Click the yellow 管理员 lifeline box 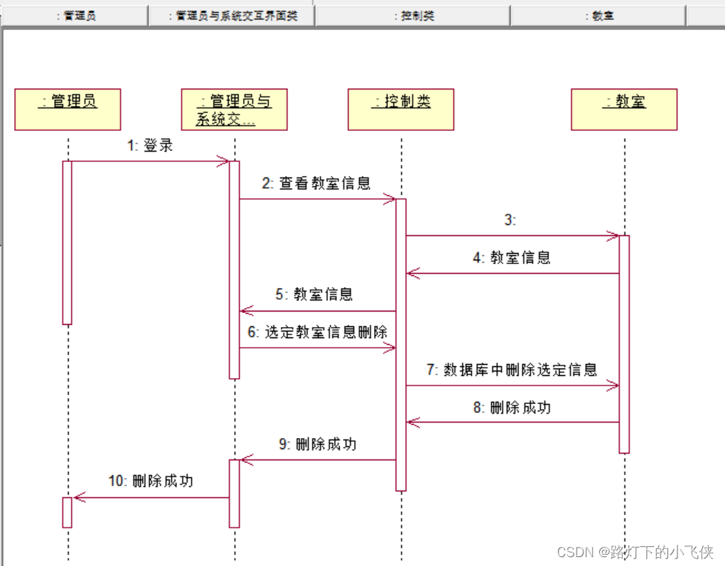point(67,110)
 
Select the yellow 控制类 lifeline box point(401,110)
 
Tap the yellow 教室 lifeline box point(624,110)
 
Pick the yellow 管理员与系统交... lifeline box point(234,110)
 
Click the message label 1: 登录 point(150,146)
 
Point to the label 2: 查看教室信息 point(316,183)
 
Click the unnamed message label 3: point(509,220)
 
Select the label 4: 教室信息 point(512,258)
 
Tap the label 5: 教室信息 point(315,295)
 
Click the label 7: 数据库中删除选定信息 point(511,370)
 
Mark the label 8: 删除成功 point(512,408)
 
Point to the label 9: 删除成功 point(318,445)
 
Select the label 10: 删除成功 point(151,482)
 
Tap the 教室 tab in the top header point(598,16)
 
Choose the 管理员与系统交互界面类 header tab point(233,16)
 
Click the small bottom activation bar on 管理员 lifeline point(67,512)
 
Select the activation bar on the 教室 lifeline point(624,344)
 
